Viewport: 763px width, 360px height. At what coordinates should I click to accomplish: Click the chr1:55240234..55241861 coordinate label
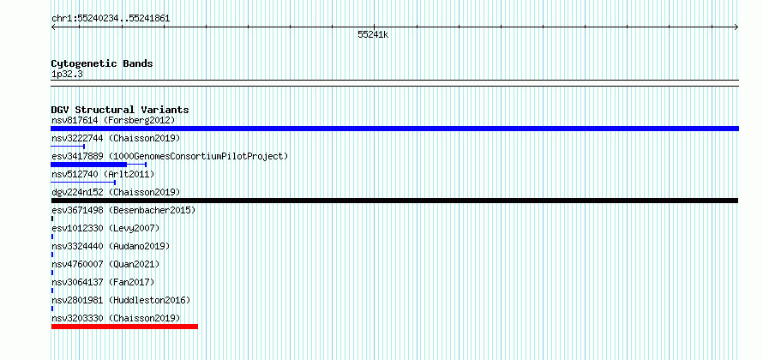coord(111,19)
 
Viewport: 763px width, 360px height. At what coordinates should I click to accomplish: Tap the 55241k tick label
coord(373,35)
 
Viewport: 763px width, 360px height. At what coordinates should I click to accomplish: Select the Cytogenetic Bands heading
coord(102,63)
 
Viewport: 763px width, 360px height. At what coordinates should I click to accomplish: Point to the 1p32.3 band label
coord(67,74)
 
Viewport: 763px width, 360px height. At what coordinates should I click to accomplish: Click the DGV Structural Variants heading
coord(120,110)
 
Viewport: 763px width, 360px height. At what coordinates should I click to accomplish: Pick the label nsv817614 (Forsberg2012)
coord(113,120)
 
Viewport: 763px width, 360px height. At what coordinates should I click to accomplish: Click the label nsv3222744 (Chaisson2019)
coord(116,138)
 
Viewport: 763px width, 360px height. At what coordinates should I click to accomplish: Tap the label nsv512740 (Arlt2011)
coord(103,174)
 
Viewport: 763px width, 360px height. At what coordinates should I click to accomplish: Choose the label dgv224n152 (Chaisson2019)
coord(116,192)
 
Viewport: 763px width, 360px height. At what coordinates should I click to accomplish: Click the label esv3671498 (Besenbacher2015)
coord(123,210)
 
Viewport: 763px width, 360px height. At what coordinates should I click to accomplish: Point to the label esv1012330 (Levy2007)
coord(105,228)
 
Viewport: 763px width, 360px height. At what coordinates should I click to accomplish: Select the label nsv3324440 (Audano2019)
coord(111,246)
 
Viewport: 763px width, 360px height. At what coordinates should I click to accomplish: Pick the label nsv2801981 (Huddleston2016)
coord(121,300)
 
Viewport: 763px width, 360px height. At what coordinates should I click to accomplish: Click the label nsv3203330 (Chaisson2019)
coord(116,318)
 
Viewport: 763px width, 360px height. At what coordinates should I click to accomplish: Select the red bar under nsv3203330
coord(124,327)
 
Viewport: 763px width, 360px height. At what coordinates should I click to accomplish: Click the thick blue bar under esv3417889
coord(88,165)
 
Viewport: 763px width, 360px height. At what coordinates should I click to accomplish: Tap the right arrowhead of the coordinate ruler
coord(737,27)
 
